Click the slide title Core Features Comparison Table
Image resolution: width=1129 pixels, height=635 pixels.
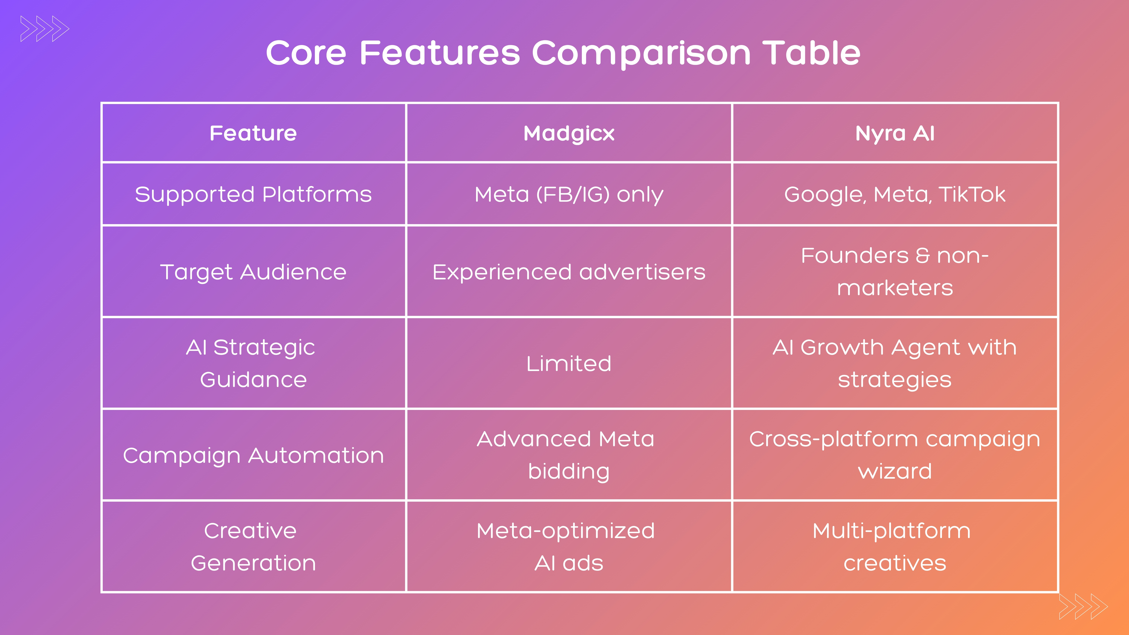(x=563, y=53)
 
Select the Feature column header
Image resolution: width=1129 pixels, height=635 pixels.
(x=253, y=133)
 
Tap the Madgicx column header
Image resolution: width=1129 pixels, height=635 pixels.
(x=569, y=133)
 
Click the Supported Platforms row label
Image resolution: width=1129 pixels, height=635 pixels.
(x=253, y=194)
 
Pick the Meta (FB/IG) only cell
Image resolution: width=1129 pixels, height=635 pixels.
(x=569, y=194)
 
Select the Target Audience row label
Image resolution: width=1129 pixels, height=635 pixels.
(x=253, y=272)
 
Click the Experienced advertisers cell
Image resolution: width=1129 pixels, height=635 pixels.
(x=569, y=272)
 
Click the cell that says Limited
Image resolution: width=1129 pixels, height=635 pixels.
(x=569, y=363)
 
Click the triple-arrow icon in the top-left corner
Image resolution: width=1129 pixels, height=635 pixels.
(x=45, y=29)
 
